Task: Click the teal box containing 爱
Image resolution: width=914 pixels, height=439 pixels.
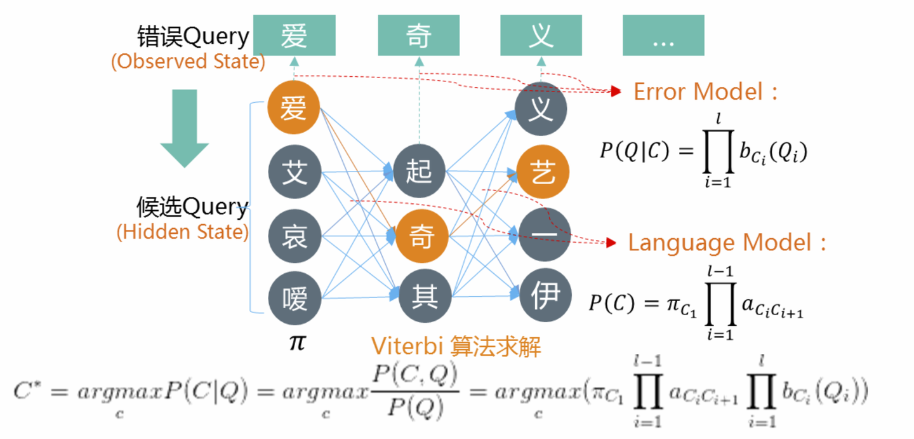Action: (x=294, y=36)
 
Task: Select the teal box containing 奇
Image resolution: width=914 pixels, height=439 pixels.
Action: (x=418, y=36)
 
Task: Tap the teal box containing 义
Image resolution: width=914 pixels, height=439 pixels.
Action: (x=541, y=36)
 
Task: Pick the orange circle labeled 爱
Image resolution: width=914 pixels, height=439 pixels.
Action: (x=294, y=109)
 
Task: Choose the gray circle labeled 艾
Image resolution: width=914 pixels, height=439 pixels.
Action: (x=294, y=172)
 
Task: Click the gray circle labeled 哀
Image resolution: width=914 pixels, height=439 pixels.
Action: (x=294, y=236)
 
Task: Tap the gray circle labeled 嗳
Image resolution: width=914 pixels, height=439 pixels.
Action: (x=294, y=297)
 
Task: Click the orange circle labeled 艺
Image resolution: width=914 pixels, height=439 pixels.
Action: (x=543, y=172)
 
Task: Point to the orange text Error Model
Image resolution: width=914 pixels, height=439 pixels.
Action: (x=698, y=92)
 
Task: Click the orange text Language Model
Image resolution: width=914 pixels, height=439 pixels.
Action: (x=720, y=243)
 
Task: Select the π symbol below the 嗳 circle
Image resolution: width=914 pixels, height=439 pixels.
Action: (x=296, y=342)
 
